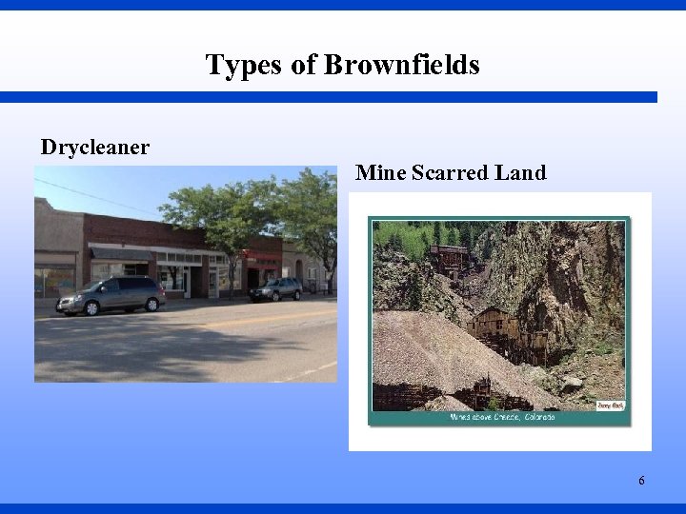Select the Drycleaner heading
(94, 148)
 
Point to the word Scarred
(449, 172)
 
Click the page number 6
(641, 481)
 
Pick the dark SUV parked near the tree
(276, 288)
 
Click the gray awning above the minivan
(121, 253)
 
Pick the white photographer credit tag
(609, 405)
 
